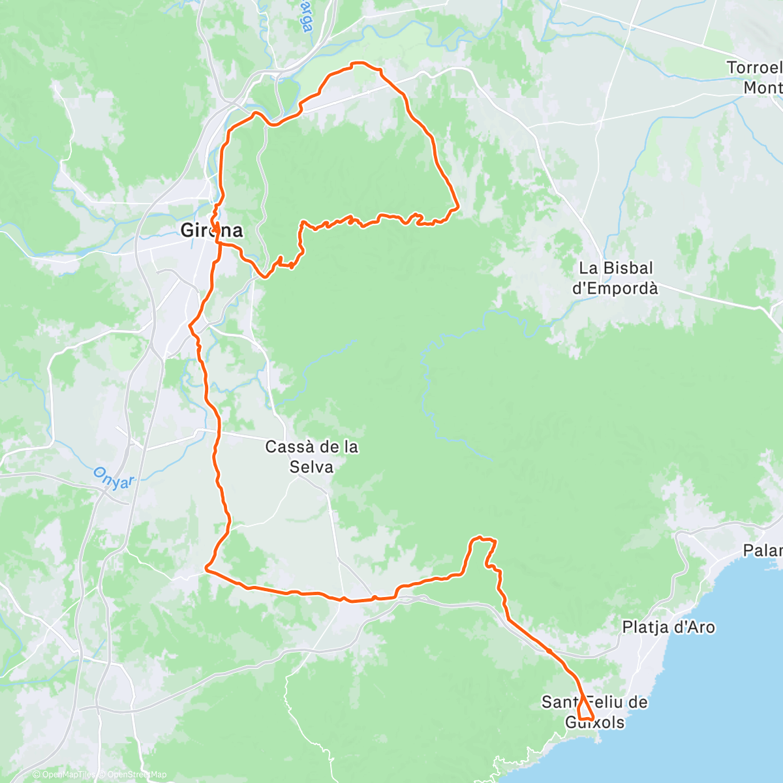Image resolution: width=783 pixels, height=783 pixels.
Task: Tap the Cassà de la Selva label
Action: tap(312, 457)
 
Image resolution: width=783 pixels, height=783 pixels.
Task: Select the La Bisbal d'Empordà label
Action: tap(615, 278)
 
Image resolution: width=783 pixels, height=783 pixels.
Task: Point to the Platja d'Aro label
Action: tap(668, 628)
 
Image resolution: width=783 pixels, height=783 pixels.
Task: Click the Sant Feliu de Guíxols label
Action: tap(594, 712)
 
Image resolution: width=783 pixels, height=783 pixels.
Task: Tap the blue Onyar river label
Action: tap(113, 476)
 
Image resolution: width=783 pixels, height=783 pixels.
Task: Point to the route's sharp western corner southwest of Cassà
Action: tap(207, 569)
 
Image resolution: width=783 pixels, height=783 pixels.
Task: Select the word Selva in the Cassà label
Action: tap(312, 467)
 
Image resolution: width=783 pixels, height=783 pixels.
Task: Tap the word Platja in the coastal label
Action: tap(645, 628)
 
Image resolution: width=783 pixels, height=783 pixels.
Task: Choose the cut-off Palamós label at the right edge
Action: tap(763, 551)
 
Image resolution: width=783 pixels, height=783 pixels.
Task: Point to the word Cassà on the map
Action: tap(288, 448)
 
